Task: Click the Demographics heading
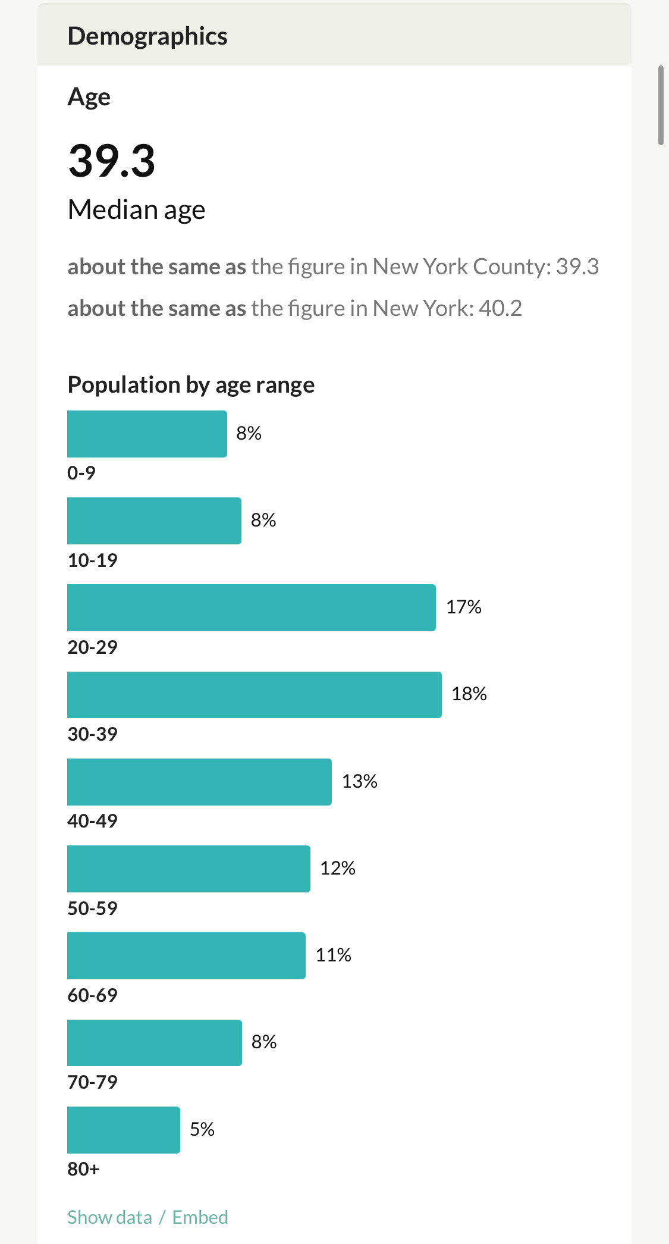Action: click(147, 36)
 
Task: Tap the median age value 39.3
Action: click(112, 161)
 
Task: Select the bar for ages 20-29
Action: click(251, 607)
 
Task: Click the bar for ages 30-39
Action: click(254, 694)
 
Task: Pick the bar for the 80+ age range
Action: click(123, 1130)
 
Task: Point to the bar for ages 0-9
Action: click(147, 434)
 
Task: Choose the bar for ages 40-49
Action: click(199, 782)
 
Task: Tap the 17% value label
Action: click(464, 607)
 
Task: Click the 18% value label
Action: click(469, 694)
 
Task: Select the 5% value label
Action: click(202, 1129)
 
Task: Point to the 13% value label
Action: click(360, 781)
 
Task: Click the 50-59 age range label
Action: click(93, 908)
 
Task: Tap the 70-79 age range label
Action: click(93, 1082)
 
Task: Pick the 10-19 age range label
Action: click(93, 560)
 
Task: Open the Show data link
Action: click(110, 1217)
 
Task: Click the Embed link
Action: click(200, 1217)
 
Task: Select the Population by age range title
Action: click(191, 385)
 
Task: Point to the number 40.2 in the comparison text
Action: click(500, 308)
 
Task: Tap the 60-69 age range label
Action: click(93, 995)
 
